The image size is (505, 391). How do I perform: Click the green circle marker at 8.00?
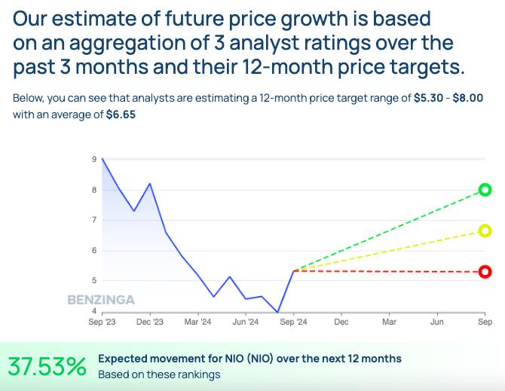485,190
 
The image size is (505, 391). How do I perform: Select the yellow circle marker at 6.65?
485,231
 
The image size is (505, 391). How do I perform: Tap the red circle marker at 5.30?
485,271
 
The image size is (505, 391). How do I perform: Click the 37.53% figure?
47,366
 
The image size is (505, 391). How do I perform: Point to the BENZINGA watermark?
101,300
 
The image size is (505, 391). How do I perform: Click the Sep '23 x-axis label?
102,322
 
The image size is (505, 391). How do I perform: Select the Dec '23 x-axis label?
150,322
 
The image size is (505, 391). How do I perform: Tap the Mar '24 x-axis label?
197,322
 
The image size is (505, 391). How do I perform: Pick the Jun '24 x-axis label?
245,322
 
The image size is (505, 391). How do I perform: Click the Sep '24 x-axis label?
293,322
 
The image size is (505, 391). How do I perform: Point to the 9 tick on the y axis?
93,159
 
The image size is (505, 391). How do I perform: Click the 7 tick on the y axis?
93,220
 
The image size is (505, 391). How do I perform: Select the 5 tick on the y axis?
93,280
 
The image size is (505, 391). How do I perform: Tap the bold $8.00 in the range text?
467,99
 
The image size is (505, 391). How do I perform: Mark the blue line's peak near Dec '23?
150,183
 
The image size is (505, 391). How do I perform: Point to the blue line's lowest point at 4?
277,311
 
